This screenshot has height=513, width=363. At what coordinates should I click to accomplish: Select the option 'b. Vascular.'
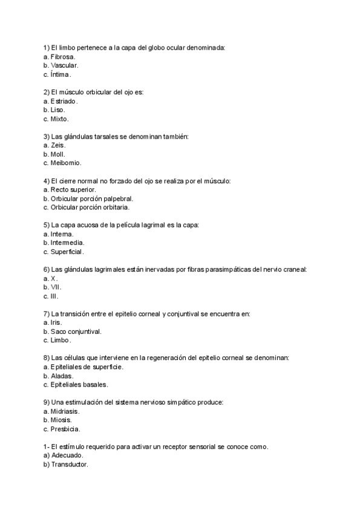[61, 65]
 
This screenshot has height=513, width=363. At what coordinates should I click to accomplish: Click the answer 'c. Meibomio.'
[62, 163]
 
